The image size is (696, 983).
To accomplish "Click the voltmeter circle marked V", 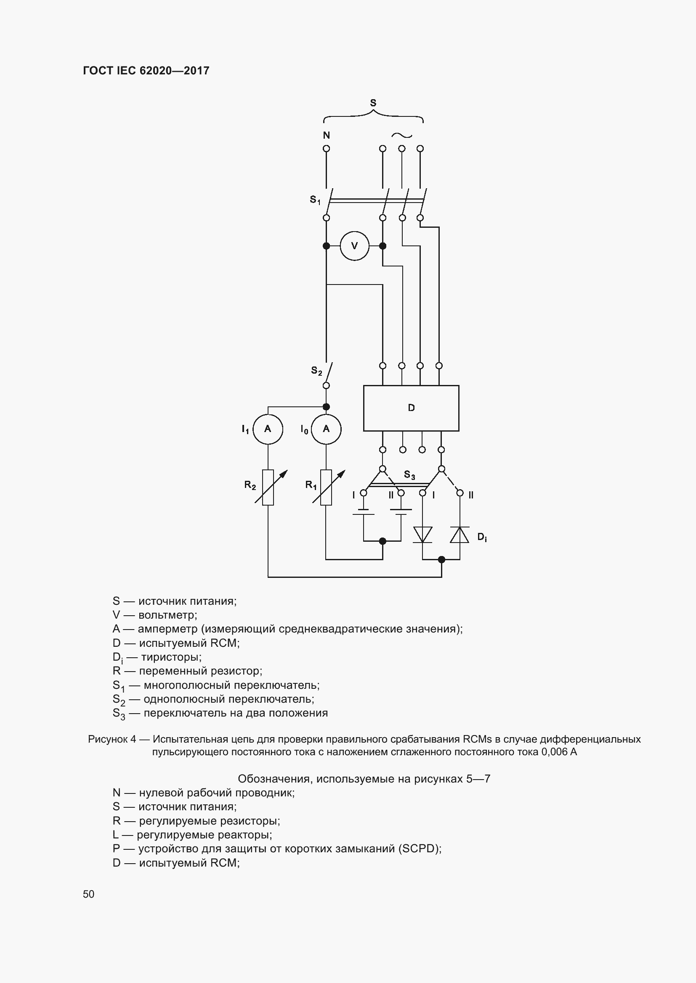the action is pos(354,246).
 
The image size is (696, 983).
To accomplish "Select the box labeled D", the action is pos(411,408).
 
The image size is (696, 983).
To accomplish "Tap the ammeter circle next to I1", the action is pos(268,429).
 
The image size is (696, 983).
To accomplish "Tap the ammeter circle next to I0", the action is pos(326,429).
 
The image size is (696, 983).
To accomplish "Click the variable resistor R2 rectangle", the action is pos(268,487).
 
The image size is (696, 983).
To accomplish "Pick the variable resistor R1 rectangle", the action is pos(326,487).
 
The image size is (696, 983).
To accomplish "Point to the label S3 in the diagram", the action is pos(409,475).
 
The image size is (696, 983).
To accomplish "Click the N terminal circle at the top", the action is pos(326,148).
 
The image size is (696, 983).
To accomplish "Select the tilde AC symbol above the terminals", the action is pos(401,135).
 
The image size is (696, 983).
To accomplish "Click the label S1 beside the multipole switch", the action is pos(315,200).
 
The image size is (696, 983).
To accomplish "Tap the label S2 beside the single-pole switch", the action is pos(316,371).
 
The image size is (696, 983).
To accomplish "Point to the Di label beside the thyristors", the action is pos(482,538).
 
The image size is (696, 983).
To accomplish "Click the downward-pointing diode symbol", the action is pos(422,535).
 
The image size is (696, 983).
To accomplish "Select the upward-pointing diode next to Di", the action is pos(460,535).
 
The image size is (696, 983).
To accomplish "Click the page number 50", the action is pos(89,894).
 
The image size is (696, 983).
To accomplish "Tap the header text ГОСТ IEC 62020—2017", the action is pos(146,71).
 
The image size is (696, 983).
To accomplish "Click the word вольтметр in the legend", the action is pos(167,615).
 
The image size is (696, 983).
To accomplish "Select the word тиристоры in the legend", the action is pos(170,657).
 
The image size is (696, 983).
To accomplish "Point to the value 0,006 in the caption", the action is pos(554,752).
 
